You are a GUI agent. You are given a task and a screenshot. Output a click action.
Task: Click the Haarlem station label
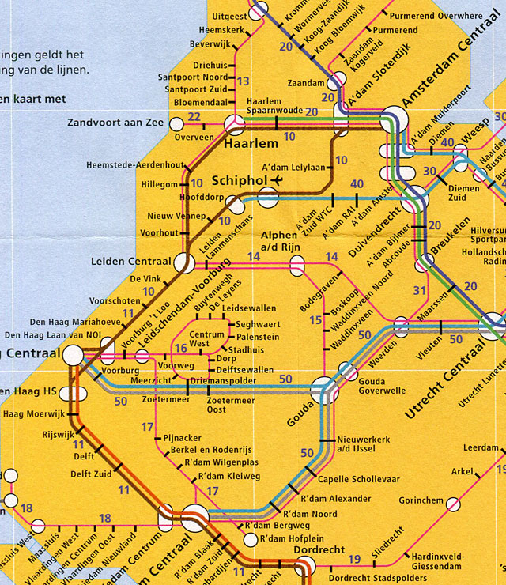point(251,144)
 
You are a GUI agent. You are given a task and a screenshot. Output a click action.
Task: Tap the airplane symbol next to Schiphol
point(275,180)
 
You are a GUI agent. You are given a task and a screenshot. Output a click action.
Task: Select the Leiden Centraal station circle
point(184,263)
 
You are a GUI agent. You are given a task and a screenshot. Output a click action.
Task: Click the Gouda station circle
point(323,389)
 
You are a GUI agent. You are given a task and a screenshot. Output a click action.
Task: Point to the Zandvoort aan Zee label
point(115,123)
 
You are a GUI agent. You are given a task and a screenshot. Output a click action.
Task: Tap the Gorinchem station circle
point(453,504)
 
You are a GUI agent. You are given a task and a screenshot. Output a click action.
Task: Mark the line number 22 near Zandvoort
point(194,118)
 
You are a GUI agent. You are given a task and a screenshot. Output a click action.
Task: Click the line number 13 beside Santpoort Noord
point(244,81)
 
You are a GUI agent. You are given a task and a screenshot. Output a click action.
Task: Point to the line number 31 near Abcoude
point(421,292)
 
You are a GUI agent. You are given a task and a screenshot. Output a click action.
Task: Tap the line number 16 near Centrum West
point(180,349)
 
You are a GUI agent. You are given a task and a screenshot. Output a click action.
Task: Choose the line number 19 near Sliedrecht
point(354,559)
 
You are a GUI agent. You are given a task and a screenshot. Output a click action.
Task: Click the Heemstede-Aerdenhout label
point(134,165)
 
